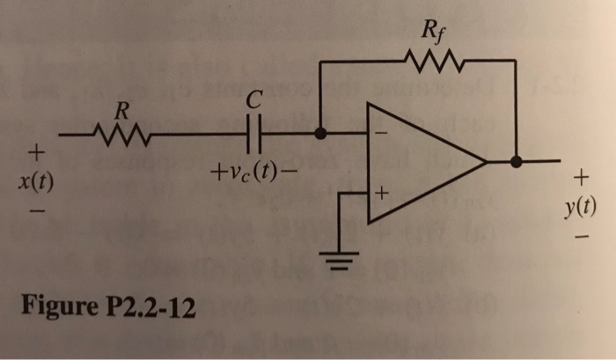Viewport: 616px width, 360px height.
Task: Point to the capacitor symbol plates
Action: click(253, 135)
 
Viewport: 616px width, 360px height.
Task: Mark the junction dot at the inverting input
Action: click(322, 135)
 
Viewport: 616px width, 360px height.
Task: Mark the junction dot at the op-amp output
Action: click(517, 162)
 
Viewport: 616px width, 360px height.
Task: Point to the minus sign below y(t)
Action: click(579, 237)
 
